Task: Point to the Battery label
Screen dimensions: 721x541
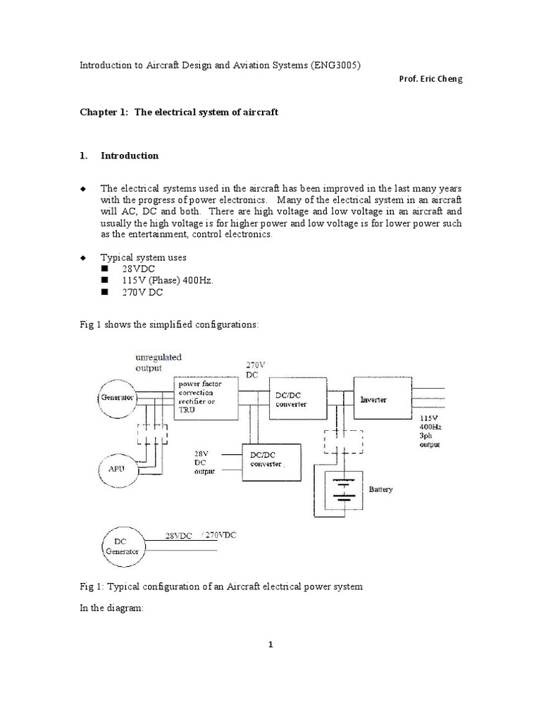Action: coord(380,488)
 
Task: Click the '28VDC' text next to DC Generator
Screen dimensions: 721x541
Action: coord(180,537)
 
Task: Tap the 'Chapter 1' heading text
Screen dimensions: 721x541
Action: coord(178,112)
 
